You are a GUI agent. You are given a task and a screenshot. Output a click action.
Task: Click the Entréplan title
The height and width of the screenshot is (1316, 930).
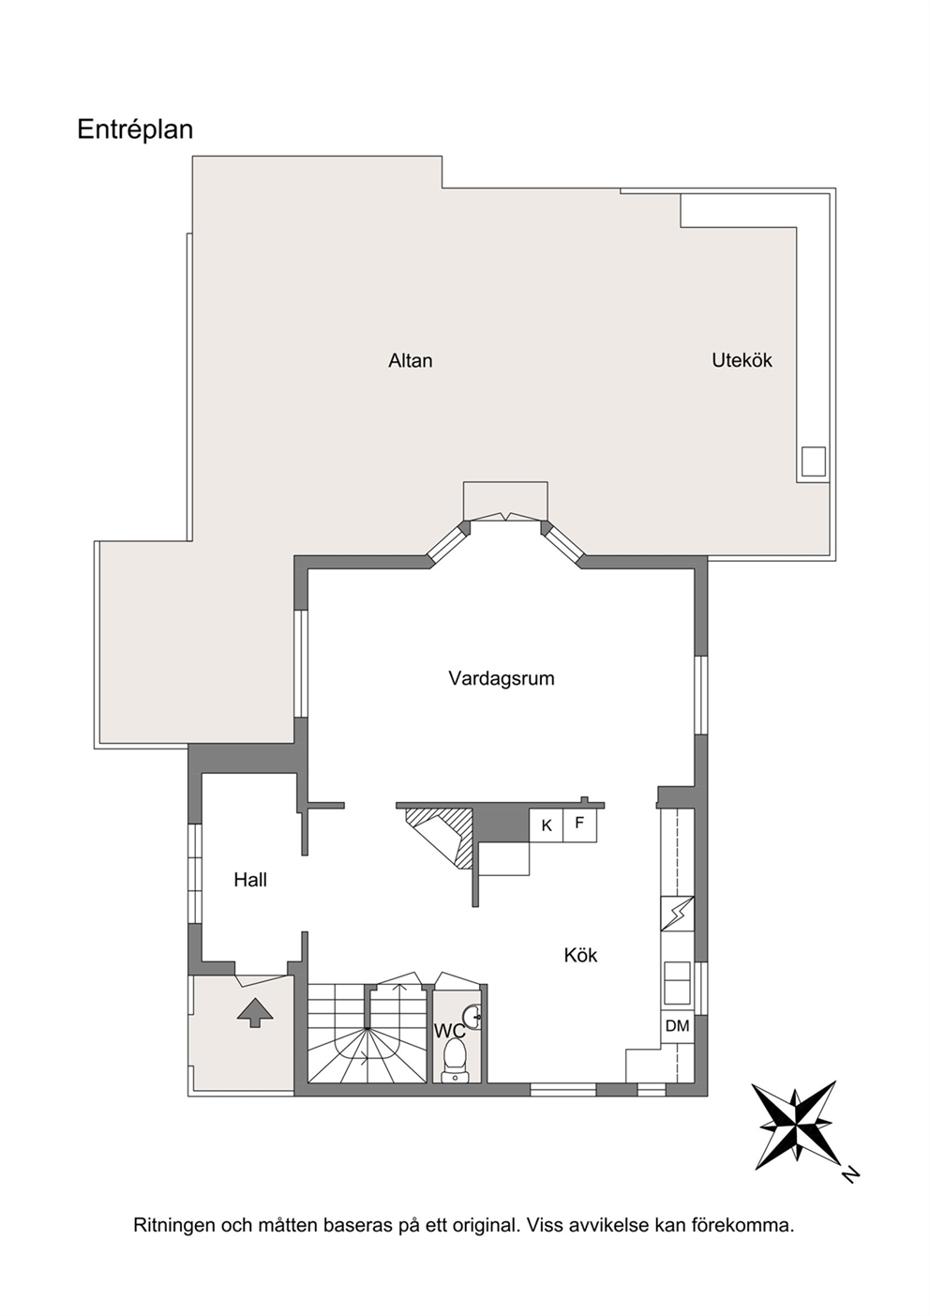[x=135, y=130]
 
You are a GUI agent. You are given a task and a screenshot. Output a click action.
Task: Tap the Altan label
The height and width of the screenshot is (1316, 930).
[x=411, y=360]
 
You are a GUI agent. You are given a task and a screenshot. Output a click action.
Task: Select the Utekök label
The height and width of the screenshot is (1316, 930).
[x=742, y=360]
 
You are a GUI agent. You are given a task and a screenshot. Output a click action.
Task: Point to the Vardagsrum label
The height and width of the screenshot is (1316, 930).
[x=502, y=678]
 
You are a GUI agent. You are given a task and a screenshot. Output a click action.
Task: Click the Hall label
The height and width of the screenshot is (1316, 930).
[x=250, y=880]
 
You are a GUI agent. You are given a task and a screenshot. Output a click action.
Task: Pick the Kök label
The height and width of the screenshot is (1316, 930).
[x=580, y=955]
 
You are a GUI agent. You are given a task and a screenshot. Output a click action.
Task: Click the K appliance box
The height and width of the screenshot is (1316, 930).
[x=547, y=825]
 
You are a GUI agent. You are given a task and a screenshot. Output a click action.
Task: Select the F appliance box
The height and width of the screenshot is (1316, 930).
[x=580, y=825]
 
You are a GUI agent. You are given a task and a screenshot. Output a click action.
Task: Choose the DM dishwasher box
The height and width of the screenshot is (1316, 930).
[x=677, y=1026]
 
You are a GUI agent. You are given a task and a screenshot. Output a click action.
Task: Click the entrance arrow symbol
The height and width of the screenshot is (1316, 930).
[x=255, y=1012]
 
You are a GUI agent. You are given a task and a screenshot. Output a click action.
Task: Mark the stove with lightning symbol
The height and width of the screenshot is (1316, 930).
[x=677, y=914]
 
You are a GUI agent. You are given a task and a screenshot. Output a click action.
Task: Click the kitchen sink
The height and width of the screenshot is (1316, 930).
[x=677, y=982]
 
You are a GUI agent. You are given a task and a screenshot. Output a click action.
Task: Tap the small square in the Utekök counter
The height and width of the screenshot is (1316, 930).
[x=814, y=461]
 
